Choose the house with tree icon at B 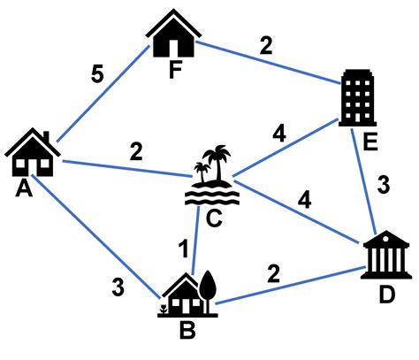(187, 294)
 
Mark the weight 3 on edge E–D (383, 186)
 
